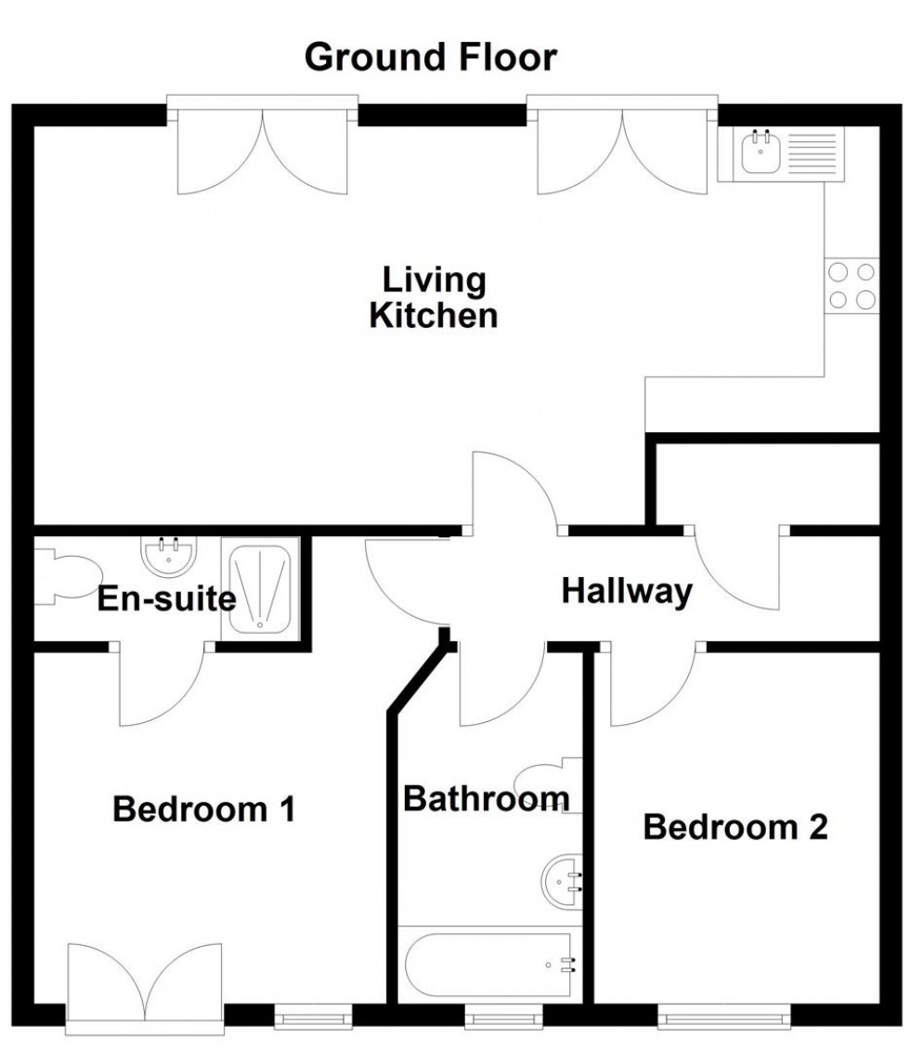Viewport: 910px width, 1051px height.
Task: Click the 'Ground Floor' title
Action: pos(431,58)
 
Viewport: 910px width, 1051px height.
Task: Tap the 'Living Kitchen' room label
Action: pos(434,296)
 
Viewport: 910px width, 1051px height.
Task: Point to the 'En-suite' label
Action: pos(167,599)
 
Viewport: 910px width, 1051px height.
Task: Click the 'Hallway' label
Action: pos(627,591)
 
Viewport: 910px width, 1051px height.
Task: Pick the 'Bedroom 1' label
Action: pos(203,809)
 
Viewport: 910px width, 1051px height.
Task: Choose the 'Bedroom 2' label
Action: pos(735,826)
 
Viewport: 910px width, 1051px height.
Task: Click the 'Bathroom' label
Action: pos(486,798)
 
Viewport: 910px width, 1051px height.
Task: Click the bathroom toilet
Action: pos(548,782)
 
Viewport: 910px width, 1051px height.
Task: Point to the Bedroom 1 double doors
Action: pos(145,985)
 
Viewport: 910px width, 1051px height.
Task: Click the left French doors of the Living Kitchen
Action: pos(263,149)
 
